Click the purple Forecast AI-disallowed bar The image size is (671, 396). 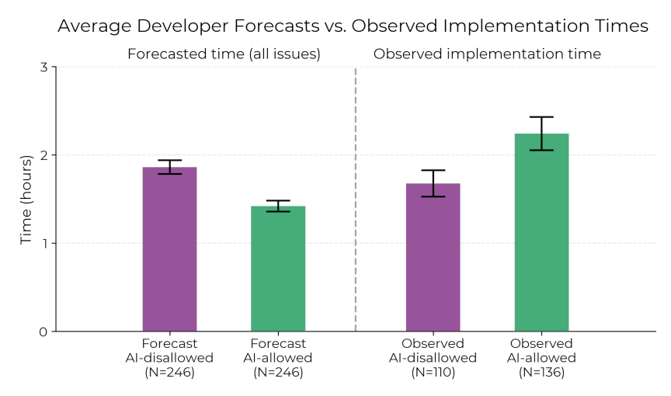tap(169, 248)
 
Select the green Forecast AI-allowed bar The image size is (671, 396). tap(278, 268)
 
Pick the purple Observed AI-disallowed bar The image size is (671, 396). tap(433, 257)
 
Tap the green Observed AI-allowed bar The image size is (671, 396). tap(541, 232)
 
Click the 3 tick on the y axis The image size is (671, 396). tap(43, 67)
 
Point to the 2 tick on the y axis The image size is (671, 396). tap(43, 155)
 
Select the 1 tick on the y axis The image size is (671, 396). tap(43, 243)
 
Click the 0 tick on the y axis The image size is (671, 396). tap(43, 332)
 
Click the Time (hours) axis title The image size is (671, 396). tap(26, 200)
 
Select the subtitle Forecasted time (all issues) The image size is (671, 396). tap(224, 54)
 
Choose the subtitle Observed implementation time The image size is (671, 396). tap(487, 54)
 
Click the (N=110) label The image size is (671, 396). tap(433, 373)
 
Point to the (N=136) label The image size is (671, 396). tap(541, 373)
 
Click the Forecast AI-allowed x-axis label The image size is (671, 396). tap(278, 351)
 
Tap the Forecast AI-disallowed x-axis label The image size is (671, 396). tap(169, 351)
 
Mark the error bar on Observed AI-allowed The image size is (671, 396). tap(541, 133)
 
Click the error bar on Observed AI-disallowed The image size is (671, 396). tap(433, 183)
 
